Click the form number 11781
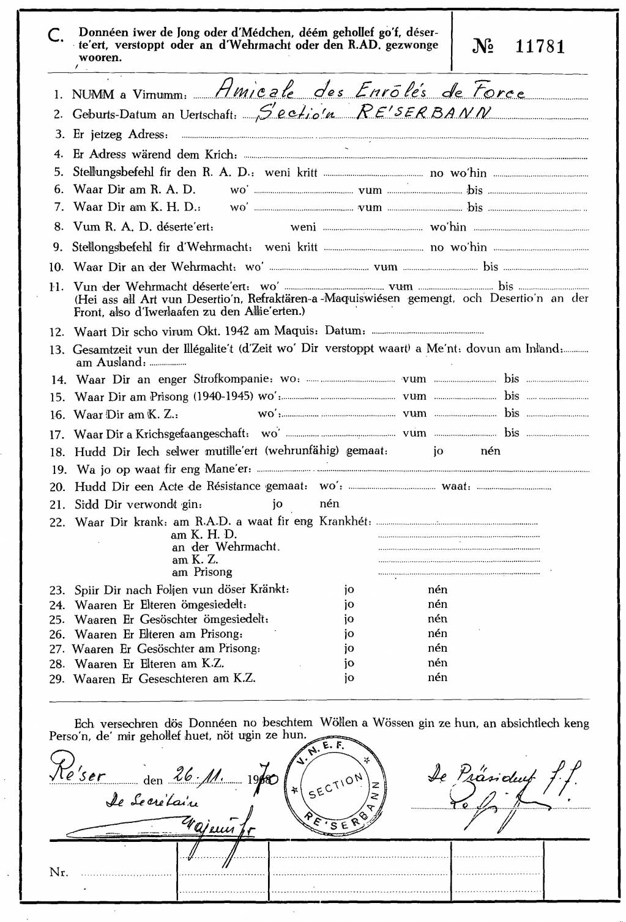click(540, 46)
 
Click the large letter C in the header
click(56, 37)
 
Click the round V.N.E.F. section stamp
click(336, 786)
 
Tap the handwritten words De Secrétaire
click(153, 801)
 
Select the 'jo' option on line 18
click(438, 451)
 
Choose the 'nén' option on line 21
click(329, 504)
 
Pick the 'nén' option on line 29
click(438, 677)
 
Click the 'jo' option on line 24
click(349, 604)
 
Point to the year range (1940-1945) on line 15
click(224, 396)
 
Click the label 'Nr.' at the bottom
click(59, 872)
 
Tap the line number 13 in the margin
click(57, 350)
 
